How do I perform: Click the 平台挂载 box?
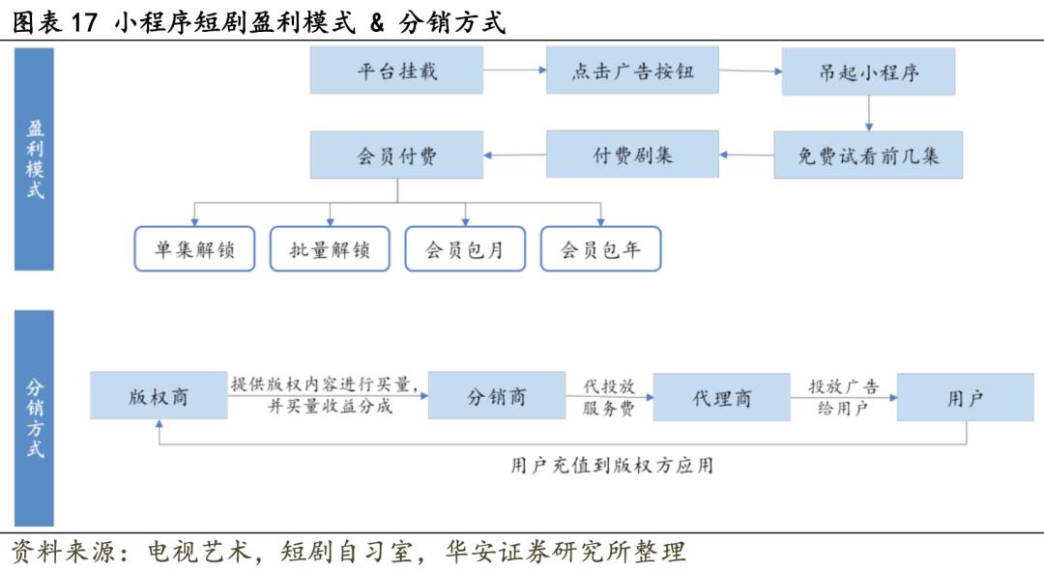(397, 70)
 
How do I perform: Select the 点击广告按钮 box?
(632, 70)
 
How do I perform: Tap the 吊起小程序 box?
(868, 71)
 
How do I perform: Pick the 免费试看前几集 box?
(868, 155)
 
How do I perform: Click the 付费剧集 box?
(632, 155)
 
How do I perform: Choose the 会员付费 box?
(397, 155)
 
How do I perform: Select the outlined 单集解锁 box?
(194, 249)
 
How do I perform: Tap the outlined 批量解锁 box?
(330, 249)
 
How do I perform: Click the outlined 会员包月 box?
(465, 249)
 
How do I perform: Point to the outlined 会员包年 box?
(600, 249)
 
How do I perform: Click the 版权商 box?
(159, 395)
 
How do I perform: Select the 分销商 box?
(497, 395)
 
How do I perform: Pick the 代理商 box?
(722, 397)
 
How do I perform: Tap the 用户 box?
(966, 397)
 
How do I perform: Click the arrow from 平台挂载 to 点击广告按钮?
(514, 70)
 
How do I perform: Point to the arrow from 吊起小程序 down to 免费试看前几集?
(869, 113)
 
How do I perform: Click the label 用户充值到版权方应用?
(612, 465)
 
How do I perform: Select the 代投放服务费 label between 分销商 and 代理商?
(609, 397)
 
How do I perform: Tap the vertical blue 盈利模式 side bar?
(34, 159)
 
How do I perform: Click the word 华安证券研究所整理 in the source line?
(565, 552)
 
